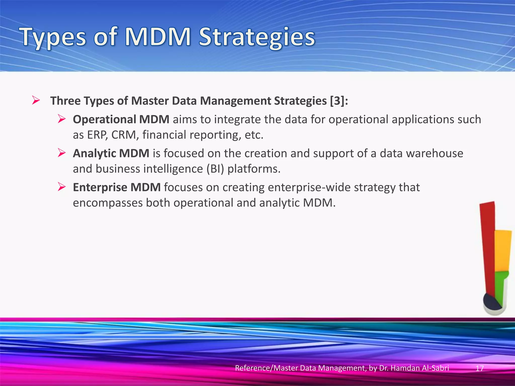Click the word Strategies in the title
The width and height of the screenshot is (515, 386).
(x=256, y=38)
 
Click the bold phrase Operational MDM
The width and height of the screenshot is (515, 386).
(x=121, y=119)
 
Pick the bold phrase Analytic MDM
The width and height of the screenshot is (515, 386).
(x=111, y=153)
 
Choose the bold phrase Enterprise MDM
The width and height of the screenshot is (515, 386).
(x=117, y=187)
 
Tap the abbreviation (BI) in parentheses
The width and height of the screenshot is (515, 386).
(x=215, y=169)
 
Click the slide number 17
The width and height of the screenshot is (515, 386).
(x=480, y=368)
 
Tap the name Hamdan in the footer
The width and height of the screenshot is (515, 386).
(x=405, y=368)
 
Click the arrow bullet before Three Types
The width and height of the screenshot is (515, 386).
(x=36, y=101)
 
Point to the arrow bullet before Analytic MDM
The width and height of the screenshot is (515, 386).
(x=62, y=153)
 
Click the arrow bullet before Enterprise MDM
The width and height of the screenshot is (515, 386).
(x=62, y=187)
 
